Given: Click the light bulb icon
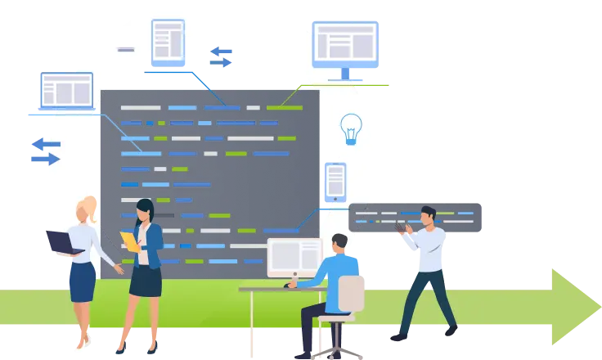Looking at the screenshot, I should [x=351, y=128].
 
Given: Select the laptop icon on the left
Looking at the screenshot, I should [x=66, y=93].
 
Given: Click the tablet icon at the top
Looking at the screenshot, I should [x=168, y=41].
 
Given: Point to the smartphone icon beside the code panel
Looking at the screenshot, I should [x=335, y=182].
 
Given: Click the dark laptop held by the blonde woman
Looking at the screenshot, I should [x=61, y=243].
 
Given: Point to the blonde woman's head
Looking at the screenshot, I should [x=85, y=209].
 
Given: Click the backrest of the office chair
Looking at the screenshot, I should [x=351, y=295].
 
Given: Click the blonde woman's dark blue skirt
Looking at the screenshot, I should [x=81, y=281].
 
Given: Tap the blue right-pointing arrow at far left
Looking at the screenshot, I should [x=45, y=159].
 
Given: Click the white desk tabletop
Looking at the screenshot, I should [x=270, y=289].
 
